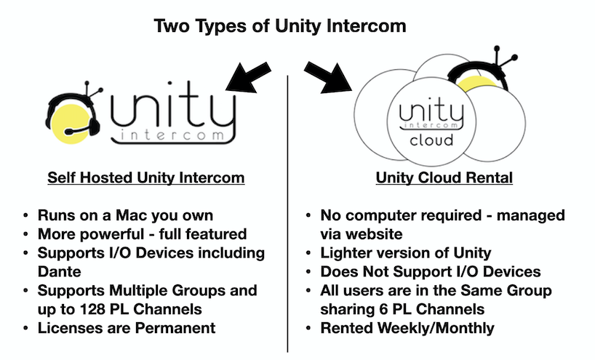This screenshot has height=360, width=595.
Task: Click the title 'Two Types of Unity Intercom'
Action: (280, 26)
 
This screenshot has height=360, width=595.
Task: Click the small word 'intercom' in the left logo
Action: (175, 137)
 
